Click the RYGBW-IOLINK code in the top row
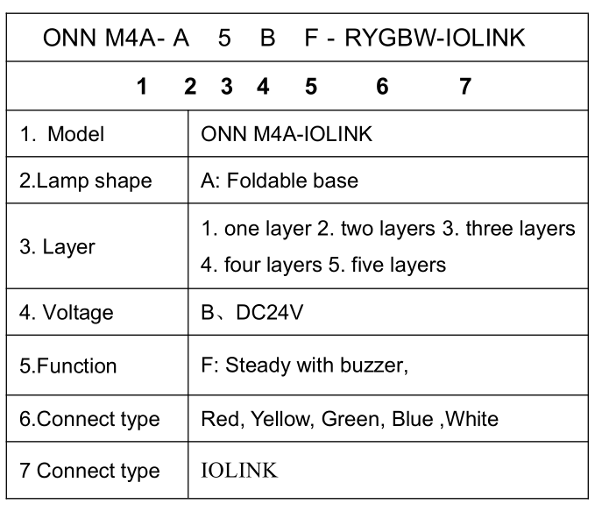tap(435, 39)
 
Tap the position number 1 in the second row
tap(142, 86)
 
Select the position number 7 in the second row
tap(465, 86)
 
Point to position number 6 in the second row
tap(382, 86)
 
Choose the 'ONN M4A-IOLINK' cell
tap(287, 134)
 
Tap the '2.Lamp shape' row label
tap(85, 181)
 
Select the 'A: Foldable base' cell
tap(280, 181)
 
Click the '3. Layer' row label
tap(57, 246)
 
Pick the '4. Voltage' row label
tap(67, 313)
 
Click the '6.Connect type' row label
tap(89, 418)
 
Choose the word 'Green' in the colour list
tap(351, 418)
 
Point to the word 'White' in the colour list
tap(472, 418)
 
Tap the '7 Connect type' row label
tap(89, 471)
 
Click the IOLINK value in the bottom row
tap(239, 471)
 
